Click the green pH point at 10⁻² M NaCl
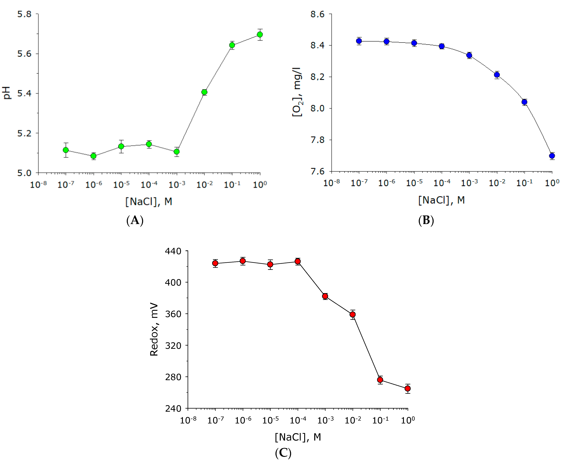(x=204, y=92)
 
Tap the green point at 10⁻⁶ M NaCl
(x=93, y=156)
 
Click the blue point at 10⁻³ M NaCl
(x=469, y=55)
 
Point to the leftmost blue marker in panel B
(x=359, y=41)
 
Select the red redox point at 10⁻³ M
(x=325, y=296)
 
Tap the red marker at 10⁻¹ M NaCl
(x=380, y=380)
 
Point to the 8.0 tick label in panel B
(x=318, y=108)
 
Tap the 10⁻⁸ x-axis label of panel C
(x=188, y=420)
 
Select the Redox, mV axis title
(x=154, y=329)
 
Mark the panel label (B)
(x=426, y=220)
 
